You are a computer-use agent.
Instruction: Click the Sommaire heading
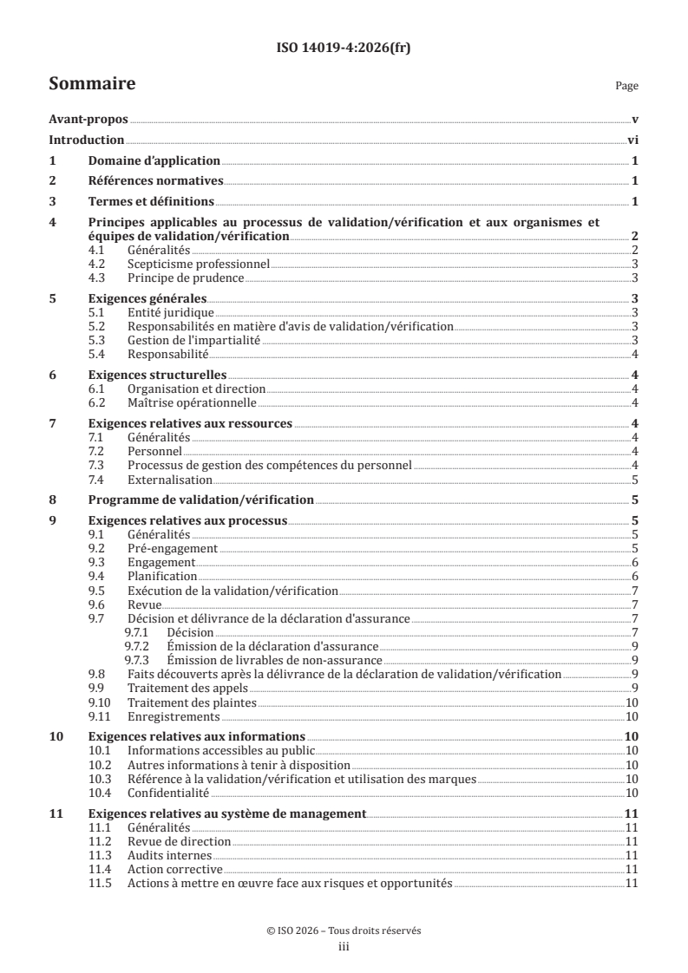[91, 84]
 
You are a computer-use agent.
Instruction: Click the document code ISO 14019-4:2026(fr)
[344, 49]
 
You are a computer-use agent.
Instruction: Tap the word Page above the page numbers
[626, 87]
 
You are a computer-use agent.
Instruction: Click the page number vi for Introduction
[632, 140]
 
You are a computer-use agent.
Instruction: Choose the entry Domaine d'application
[154, 160]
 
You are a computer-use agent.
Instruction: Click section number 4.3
[99, 278]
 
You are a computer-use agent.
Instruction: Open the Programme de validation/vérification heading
[201, 500]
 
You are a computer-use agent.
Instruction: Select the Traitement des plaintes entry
[192, 702]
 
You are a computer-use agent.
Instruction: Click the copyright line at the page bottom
[344, 931]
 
